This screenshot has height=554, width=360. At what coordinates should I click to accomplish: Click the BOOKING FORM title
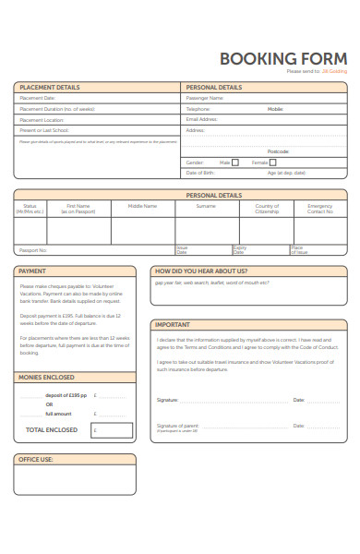283,57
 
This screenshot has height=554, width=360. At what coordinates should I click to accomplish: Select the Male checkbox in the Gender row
234,163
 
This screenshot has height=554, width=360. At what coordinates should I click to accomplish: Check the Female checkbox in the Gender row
273,163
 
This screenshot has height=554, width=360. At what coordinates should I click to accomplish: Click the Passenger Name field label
205,98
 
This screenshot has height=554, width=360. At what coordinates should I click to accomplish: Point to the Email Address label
201,119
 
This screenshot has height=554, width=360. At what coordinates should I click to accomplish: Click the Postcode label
278,151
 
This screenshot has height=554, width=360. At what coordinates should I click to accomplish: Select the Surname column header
205,206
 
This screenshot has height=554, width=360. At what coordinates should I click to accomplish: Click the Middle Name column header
142,206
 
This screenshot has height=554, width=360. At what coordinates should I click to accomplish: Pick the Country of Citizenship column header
267,209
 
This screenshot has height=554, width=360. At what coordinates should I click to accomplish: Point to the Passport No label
33,250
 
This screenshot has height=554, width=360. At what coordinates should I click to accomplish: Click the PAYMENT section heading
32,271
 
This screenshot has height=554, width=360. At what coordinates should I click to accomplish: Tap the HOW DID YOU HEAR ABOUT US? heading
201,271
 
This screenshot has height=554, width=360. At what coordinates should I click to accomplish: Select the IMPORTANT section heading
173,325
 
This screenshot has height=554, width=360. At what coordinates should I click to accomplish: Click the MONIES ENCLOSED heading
46,378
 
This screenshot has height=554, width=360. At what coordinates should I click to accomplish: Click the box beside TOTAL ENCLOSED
112,430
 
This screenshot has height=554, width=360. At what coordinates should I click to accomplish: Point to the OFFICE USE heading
36,459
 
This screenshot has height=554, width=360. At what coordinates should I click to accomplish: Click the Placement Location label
42,119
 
